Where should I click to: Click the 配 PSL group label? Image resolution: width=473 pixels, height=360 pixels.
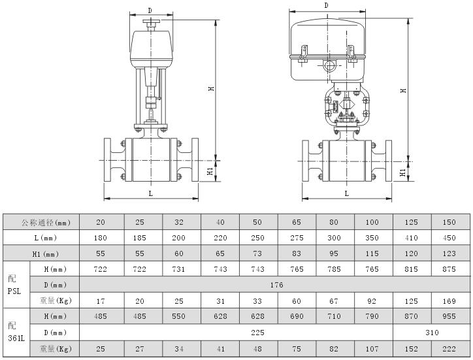coord(16,285)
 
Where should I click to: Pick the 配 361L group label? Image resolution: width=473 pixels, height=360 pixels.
coord(16,333)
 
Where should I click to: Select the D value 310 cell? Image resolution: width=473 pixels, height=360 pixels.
coord(431,333)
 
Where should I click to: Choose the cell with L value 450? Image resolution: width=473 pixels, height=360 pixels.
coord(451,237)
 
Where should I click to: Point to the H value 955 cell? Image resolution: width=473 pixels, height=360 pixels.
coord(451,316)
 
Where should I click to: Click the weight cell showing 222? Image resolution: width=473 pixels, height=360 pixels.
coord(451,349)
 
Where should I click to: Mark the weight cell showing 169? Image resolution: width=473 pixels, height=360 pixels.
coord(451,301)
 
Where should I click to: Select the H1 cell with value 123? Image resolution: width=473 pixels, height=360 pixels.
coord(451,254)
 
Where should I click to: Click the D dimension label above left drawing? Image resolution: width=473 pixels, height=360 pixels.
coord(150,10)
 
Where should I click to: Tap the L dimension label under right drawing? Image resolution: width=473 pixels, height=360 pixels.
coord(346,193)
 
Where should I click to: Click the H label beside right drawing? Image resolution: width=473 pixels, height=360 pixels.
coord(404,90)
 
